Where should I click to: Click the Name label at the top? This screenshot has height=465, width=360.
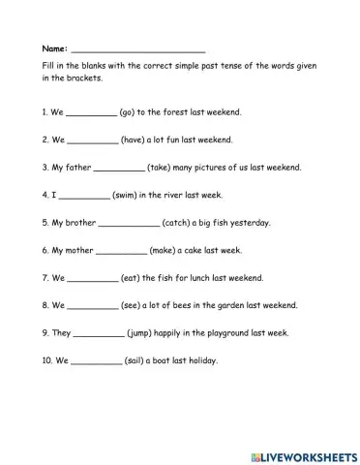55,47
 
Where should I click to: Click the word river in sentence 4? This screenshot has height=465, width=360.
198,195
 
